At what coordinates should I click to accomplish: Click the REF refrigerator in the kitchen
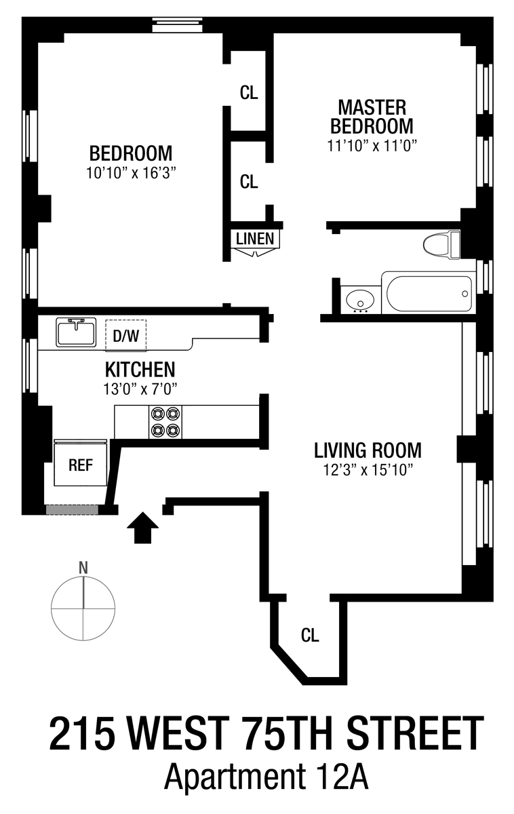[80, 463]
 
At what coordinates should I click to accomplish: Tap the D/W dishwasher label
[125, 336]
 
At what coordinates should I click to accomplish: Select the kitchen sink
[76, 332]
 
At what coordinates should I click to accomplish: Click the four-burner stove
[165, 422]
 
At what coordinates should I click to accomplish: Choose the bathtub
[429, 293]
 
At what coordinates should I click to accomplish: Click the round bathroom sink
[361, 300]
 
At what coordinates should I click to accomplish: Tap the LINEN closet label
[255, 239]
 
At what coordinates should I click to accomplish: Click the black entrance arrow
[142, 528]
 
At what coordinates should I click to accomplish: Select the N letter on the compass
[83, 568]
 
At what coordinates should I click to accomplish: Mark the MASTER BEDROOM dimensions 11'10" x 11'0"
[371, 146]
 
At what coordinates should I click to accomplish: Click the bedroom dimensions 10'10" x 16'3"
[131, 173]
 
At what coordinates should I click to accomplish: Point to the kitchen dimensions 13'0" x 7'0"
[140, 389]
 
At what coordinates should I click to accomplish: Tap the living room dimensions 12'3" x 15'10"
[368, 470]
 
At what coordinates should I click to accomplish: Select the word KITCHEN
[140, 370]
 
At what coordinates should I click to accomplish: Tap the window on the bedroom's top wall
[177, 24]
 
